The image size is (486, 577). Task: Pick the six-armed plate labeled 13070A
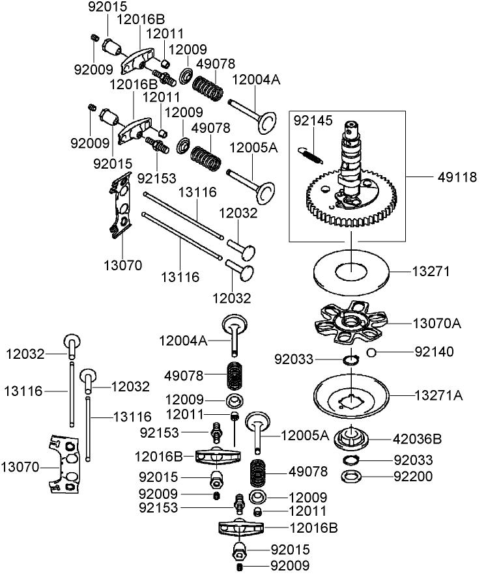pyautogui.click(x=350, y=323)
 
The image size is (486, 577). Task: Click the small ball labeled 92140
pyautogui.click(x=370, y=352)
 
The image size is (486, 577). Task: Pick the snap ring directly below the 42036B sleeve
pyautogui.click(x=351, y=460)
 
